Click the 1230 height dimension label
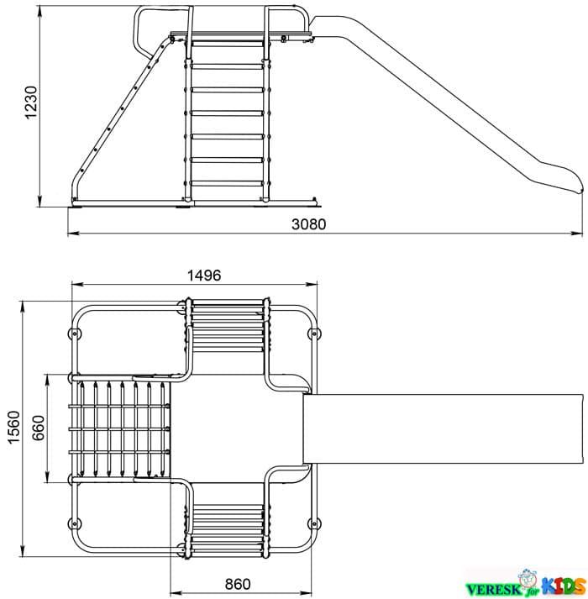[31, 102]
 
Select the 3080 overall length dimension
[309, 224]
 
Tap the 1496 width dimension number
[204, 275]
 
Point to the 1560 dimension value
[14, 427]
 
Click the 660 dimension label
[38, 428]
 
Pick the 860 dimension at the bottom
[238, 584]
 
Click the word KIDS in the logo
[564, 586]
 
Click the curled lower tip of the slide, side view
[579, 187]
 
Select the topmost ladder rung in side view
[228, 44]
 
